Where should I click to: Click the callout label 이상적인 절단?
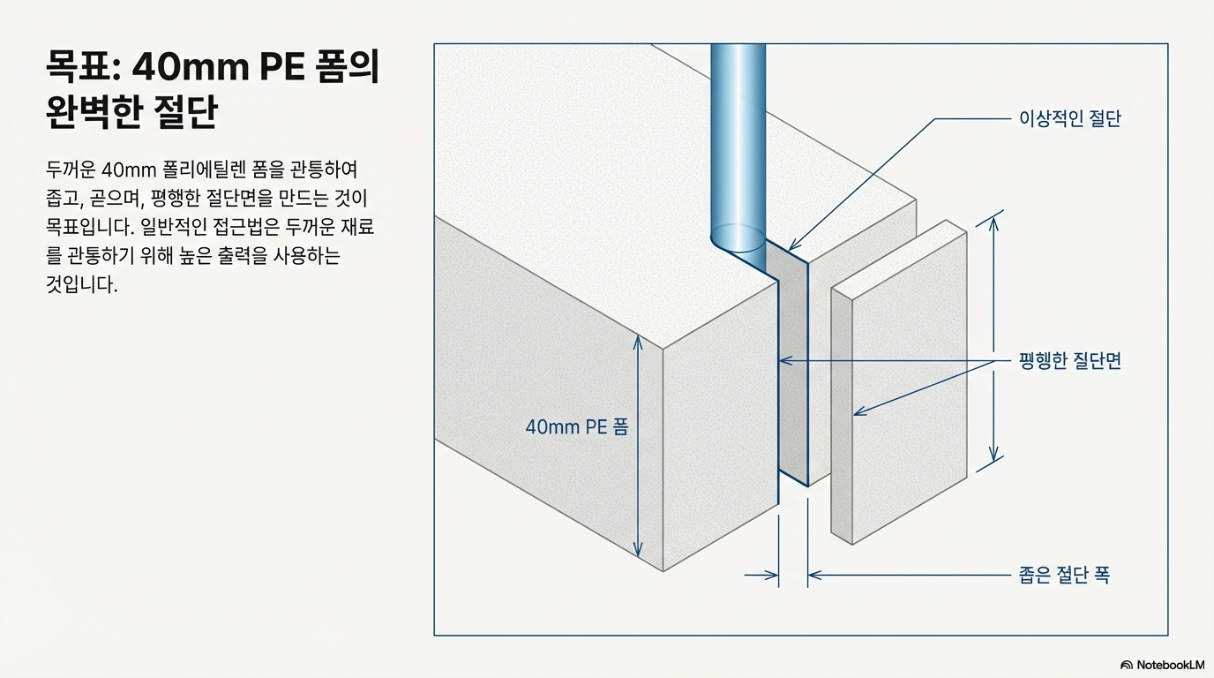tap(1069, 119)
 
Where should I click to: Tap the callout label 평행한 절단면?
tap(1069, 361)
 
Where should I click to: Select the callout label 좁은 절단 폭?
tap(1064, 576)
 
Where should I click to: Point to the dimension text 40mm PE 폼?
tap(577, 427)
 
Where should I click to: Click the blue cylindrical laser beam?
tap(738, 132)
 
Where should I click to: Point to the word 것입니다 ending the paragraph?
tap(81, 286)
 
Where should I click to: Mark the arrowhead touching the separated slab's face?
tap(858, 412)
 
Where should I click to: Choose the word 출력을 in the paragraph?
tap(213, 257)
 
